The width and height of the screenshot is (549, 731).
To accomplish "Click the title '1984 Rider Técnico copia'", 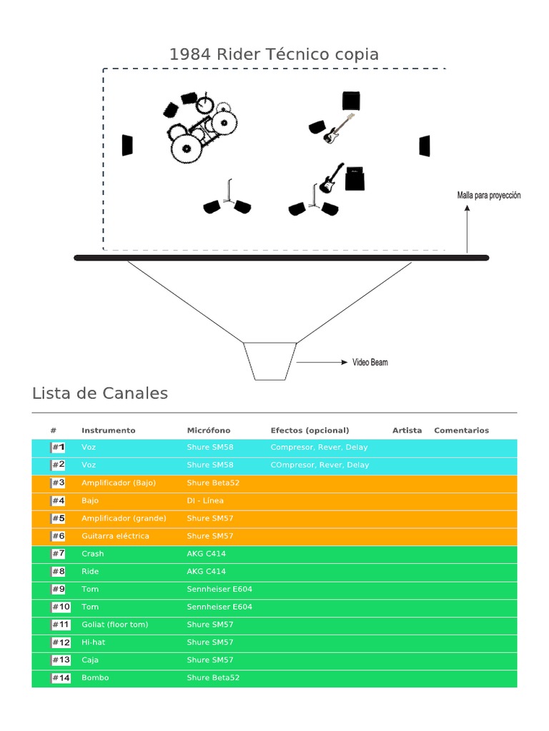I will [274, 54].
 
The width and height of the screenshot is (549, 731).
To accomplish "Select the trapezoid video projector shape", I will [269, 361].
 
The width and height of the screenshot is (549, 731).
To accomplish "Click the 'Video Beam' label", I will [370, 363].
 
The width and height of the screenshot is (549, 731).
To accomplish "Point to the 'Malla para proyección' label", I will [489, 195].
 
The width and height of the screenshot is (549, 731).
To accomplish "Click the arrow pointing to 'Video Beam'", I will [321, 363].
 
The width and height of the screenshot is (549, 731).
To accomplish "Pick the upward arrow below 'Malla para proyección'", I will [467, 228].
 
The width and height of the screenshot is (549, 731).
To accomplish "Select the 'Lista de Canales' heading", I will [100, 393].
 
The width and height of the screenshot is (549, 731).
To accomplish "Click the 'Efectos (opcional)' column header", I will [310, 430].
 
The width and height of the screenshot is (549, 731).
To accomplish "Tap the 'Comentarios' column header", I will [461, 430].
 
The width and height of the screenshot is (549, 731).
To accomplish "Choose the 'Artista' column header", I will [407, 430].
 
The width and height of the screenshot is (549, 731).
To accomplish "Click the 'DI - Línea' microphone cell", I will [205, 500].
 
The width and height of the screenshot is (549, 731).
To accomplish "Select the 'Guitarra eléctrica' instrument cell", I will [115, 536].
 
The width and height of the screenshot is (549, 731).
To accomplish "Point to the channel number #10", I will [61, 607].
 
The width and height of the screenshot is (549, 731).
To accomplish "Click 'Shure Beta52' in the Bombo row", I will [213, 677].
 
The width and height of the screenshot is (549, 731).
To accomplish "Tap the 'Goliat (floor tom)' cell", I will [114, 625].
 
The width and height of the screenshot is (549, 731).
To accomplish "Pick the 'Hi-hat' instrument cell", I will [93, 642].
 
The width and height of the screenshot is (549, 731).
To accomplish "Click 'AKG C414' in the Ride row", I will [206, 571].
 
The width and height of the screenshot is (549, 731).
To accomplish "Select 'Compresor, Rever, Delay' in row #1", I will [319, 448].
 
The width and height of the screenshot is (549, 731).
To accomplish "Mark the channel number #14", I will [61, 678].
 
